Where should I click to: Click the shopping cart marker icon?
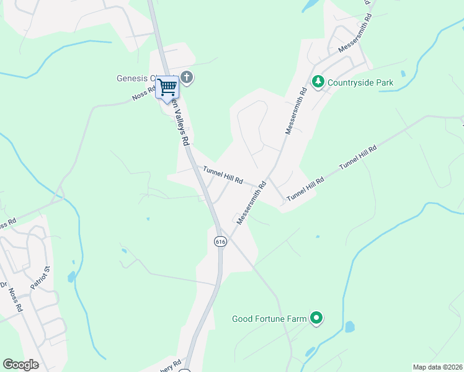tap(167, 87)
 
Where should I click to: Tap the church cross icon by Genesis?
tap(187, 78)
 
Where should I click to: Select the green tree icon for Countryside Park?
tap(318, 82)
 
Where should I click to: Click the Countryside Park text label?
tap(360, 82)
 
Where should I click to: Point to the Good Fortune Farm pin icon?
tap(316, 319)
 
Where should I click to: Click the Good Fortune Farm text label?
tap(269, 319)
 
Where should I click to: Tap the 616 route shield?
tap(220, 241)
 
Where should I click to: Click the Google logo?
tap(20, 365)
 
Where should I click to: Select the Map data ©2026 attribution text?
tap(437, 367)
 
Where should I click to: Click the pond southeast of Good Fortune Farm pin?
tap(349, 327)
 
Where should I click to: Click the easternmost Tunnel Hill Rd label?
tap(358, 158)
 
